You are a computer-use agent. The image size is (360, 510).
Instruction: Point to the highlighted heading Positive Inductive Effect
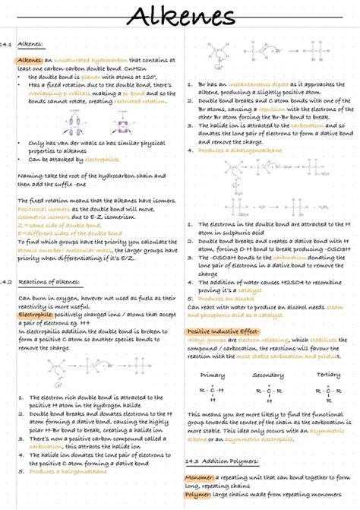pyautogui.click(x=222, y=331)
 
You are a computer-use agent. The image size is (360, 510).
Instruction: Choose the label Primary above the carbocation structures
pyautogui.click(x=212, y=375)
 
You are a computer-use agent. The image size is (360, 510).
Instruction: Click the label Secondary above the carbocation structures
pyautogui.click(x=268, y=375)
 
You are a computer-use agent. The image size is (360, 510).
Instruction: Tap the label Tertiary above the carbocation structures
pyautogui.click(x=327, y=375)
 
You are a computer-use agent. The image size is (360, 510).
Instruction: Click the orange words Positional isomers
pyautogui.click(x=43, y=207)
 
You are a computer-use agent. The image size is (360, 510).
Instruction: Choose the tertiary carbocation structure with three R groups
pyautogui.click(x=327, y=393)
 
